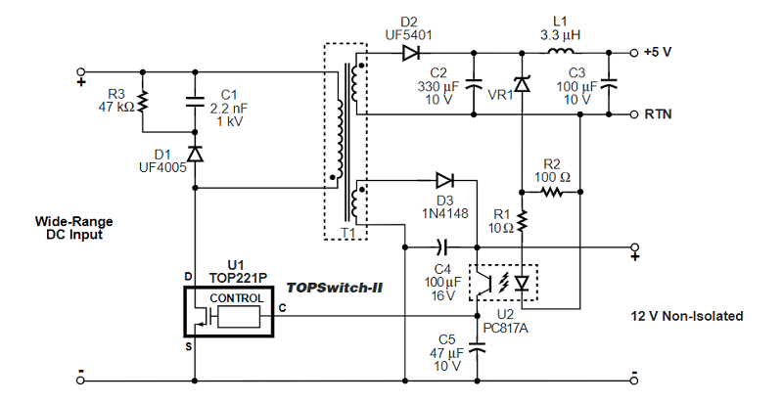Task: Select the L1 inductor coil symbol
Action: [561, 51]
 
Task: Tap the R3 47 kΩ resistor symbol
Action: [143, 101]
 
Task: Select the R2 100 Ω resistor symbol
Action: [551, 192]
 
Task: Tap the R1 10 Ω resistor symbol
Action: [522, 222]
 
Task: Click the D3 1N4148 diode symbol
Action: [445, 179]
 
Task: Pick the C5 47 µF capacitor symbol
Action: [477, 345]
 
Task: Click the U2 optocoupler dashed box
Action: [503, 283]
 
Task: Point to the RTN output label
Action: [658, 113]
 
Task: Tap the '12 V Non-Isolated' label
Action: [687, 316]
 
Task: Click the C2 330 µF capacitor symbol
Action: [477, 83]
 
